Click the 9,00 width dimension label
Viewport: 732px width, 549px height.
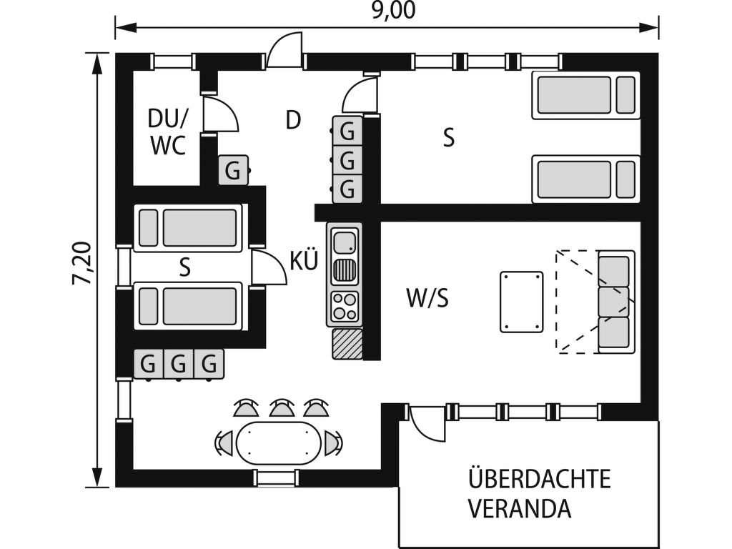click(393, 10)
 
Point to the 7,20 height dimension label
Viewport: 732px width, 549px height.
click(82, 263)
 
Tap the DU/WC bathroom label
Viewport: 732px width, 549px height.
click(167, 132)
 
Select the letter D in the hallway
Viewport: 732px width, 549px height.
click(293, 120)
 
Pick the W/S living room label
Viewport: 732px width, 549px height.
click(427, 298)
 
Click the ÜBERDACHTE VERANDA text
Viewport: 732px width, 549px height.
click(540, 493)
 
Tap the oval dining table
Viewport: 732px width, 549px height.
click(279, 443)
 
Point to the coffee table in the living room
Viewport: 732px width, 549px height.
click(521, 302)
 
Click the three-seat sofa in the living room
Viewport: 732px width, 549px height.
click(615, 302)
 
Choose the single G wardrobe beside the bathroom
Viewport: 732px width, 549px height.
click(233, 170)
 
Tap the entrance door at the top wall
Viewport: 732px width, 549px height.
click(285, 51)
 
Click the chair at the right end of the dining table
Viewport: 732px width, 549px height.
click(333, 442)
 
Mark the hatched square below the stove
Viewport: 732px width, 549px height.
click(347, 344)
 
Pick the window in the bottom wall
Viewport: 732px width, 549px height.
click(276, 478)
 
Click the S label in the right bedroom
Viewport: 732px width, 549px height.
click(448, 138)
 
